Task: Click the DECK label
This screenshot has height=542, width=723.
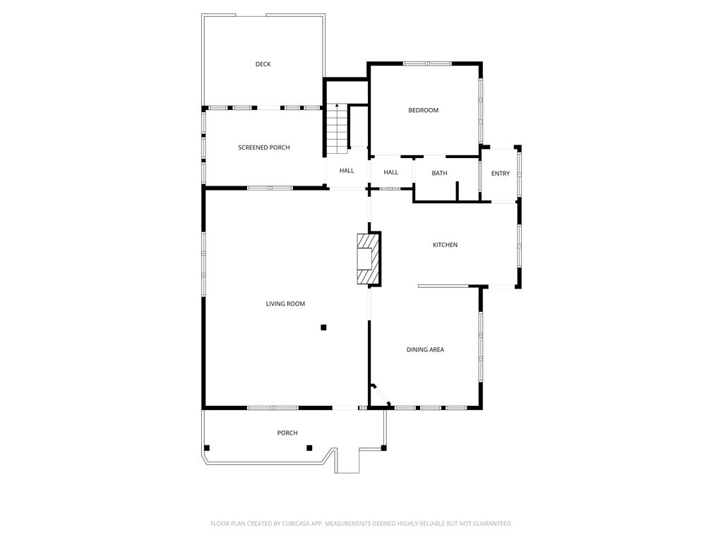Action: pos(263,64)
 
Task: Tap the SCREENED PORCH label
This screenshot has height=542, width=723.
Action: pos(264,147)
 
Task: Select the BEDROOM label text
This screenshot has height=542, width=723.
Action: pos(424,110)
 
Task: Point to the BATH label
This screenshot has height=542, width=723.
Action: pos(439,174)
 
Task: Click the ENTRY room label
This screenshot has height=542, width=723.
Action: pos(501,174)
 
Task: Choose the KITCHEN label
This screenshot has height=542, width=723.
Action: pos(445,245)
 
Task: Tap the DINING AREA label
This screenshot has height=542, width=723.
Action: pos(425,350)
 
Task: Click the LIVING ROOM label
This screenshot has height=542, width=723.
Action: pos(285,303)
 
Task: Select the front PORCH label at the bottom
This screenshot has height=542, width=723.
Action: pos(287,433)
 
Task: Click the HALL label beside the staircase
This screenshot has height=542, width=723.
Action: pos(347,171)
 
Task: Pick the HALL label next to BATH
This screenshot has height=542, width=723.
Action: pos(390,172)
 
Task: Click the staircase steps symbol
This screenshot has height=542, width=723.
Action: pos(337,130)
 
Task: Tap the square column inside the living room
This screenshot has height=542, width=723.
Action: pos(323,327)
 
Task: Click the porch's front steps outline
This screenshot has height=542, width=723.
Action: pos(347,460)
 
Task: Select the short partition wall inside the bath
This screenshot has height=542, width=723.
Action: pos(458,191)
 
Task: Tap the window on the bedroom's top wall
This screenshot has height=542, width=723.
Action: pos(427,64)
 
